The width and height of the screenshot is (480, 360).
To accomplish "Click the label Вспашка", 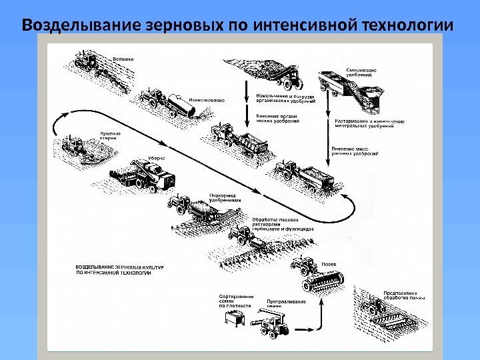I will [123, 59].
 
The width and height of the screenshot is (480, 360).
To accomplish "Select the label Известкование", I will [207, 100].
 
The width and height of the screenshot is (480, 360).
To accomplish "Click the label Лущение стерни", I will [111, 135].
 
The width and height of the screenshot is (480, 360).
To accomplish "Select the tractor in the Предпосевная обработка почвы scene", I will [375, 306].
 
